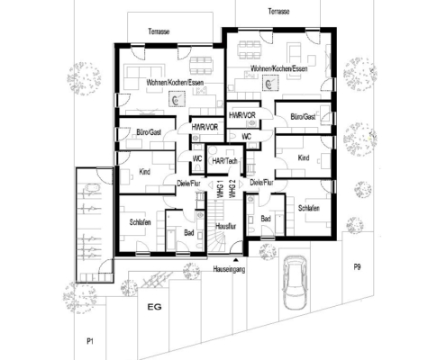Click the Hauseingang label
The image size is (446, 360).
click(x=229, y=269)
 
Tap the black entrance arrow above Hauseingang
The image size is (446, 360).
click(x=236, y=259)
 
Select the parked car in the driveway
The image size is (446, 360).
click(x=295, y=283)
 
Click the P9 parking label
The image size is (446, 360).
click(x=357, y=267)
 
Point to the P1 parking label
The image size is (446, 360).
click(x=90, y=341)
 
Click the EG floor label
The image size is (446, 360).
click(x=154, y=307)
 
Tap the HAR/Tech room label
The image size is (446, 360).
click(x=224, y=161)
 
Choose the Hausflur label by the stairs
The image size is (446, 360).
click(x=225, y=226)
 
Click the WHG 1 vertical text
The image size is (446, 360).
click(x=220, y=189)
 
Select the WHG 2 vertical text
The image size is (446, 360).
click(x=232, y=189)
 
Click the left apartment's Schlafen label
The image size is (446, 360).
click(x=140, y=222)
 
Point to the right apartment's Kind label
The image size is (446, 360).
click(x=304, y=157)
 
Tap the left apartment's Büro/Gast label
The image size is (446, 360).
click(x=149, y=132)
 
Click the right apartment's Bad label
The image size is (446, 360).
click(x=266, y=219)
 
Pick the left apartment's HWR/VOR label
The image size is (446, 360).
click(x=205, y=127)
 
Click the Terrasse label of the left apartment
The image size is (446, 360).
click(x=159, y=31)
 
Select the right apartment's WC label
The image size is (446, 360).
click(x=246, y=137)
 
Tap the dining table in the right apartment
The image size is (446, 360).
click(x=250, y=49)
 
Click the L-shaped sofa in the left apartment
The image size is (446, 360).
click(x=145, y=76)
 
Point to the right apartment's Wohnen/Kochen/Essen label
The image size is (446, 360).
click(x=279, y=68)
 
